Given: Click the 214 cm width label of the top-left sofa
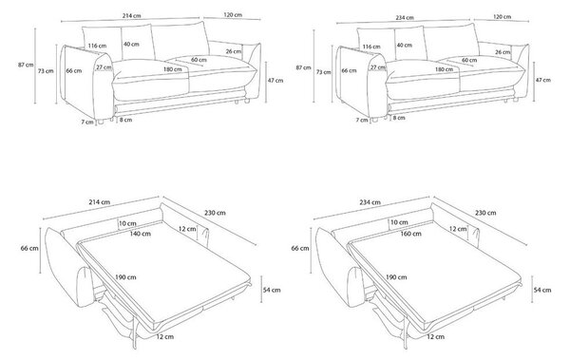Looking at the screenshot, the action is (x=132, y=15).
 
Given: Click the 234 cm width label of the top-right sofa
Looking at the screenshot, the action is (x=405, y=17).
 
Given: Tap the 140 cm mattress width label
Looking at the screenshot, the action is (x=141, y=234).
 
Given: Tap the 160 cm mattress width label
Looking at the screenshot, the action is (x=410, y=234).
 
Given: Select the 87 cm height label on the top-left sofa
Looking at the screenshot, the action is (x=26, y=66).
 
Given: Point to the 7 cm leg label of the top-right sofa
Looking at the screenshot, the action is (x=362, y=120).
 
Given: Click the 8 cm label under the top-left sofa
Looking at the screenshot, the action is (x=125, y=120).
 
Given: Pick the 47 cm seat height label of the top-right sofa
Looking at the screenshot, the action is (x=543, y=80).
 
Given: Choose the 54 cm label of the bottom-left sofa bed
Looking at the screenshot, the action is (x=273, y=290).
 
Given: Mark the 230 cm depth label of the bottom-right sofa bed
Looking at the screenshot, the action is (x=485, y=213).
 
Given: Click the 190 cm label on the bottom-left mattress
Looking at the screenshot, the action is (x=125, y=277).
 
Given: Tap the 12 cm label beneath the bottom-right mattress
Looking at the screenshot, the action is (x=435, y=336).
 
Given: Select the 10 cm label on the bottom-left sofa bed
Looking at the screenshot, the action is (x=127, y=223).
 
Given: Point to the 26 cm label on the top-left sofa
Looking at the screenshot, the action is (x=234, y=51).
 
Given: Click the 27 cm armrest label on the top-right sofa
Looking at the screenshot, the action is (x=378, y=67).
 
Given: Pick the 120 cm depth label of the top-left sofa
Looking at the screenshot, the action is (x=233, y=15).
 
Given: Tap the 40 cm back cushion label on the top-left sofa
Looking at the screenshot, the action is (x=131, y=44).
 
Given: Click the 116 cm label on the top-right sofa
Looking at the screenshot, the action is (x=371, y=47).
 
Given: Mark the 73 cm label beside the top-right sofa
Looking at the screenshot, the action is (x=324, y=72).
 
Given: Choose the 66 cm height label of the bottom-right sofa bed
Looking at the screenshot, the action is (x=300, y=248).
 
